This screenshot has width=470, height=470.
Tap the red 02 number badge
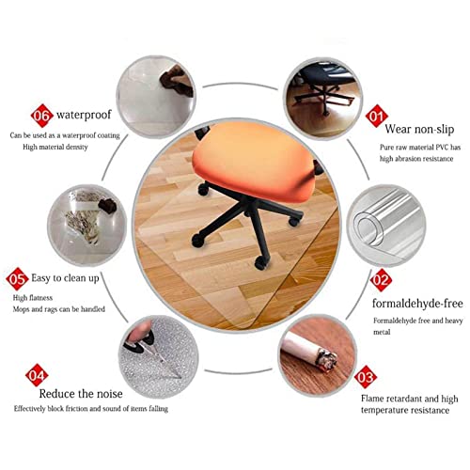coord(381,280)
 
